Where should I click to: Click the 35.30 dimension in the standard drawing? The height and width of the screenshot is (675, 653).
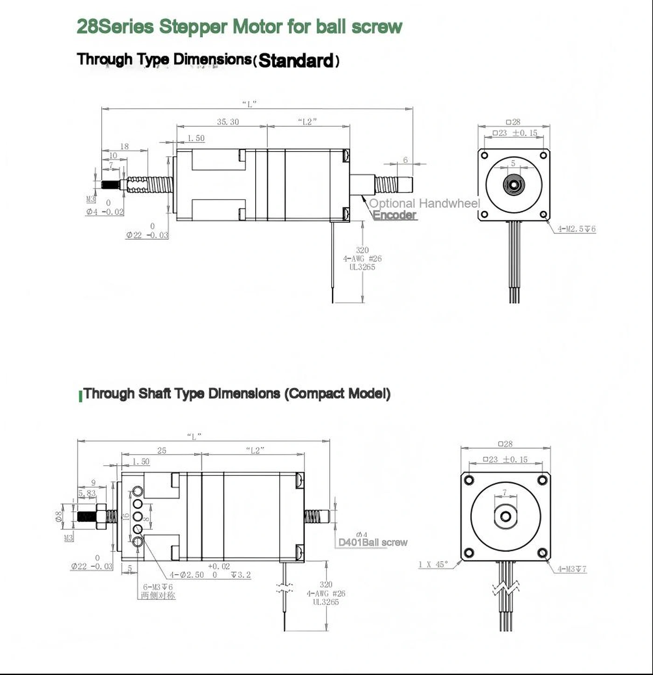[x=228, y=122]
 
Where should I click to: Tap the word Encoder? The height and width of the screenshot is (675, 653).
[x=395, y=215]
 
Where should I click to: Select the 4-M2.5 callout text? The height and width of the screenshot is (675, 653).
[x=577, y=229]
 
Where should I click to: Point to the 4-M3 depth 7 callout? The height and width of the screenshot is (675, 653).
[x=572, y=569]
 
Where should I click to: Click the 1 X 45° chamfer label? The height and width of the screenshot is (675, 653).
[x=433, y=565]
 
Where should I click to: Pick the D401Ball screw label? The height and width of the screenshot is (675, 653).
[x=373, y=542]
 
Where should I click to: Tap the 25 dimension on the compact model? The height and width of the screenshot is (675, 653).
[x=161, y=450]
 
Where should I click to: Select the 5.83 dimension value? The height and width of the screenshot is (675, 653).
[x=87, y=493]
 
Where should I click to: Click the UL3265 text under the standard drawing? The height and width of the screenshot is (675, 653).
[x=362, y=267]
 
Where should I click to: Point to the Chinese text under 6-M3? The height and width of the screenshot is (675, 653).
[x=158, y=595]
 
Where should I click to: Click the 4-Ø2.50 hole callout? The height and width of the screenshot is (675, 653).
[x=187, y=575]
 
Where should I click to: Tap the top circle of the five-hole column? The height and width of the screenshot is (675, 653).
[x=138, y=492]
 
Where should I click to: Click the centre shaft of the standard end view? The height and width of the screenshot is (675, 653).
[x=513, y=185]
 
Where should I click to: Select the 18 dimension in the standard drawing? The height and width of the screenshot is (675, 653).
[x=124, y=146]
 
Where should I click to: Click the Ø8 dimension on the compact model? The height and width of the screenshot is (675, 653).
[x=59, y=516]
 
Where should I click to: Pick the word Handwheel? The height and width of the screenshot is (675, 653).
[x=449, y=203]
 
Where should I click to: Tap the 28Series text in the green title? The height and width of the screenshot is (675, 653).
[x=115, y=27]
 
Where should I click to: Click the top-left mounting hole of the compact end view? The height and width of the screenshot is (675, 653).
[x=469, y=480]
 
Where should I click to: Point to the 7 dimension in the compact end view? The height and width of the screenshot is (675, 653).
[x=504, y=492]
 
